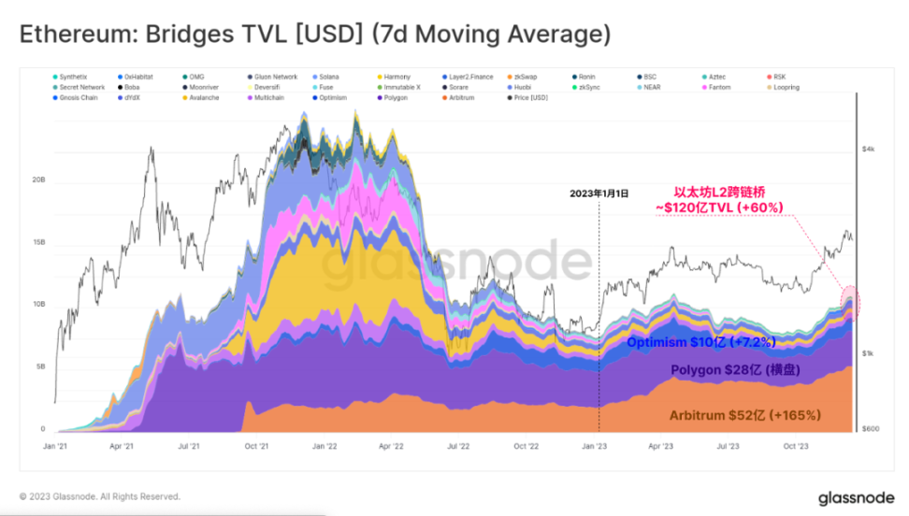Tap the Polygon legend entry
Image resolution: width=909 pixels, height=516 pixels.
coord(396,97)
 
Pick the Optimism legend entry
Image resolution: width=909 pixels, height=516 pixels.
coord(332,97)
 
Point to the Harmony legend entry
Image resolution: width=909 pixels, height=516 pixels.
coord(397,77)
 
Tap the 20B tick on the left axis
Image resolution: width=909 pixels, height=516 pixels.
coord(38,180)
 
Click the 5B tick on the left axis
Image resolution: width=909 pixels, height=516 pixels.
coord(41,367)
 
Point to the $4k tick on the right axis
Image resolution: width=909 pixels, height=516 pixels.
coord(868,150)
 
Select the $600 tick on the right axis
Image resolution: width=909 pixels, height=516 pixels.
coord(870,429)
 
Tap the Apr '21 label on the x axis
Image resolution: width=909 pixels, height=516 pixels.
coord(123,446)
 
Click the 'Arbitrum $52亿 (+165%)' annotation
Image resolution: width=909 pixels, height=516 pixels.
coord(744,414)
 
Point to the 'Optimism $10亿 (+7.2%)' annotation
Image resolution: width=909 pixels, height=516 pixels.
coord(700,341)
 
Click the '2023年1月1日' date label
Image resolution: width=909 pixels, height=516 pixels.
coord(599,193)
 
